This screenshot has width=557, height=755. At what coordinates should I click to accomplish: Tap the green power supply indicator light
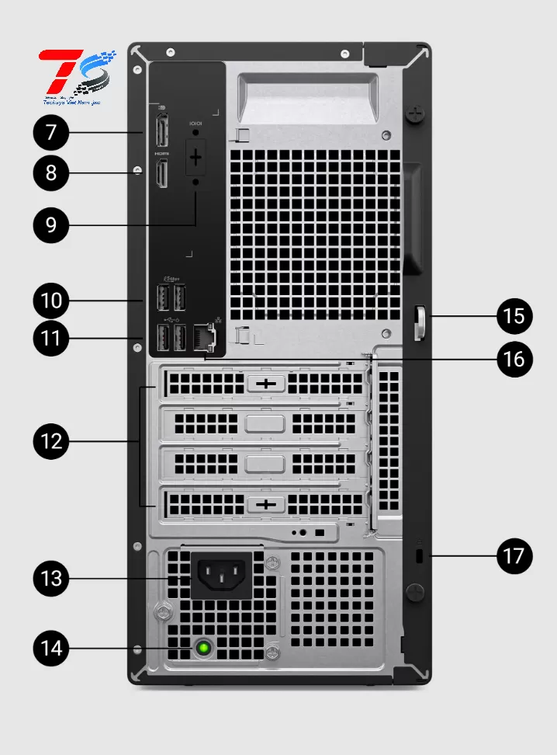point(204,647)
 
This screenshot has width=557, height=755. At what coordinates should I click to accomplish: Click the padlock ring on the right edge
point(420,323)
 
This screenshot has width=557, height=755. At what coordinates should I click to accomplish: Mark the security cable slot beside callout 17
point(420,556)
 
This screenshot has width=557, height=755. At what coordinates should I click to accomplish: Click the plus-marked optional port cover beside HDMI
point(195,158)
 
